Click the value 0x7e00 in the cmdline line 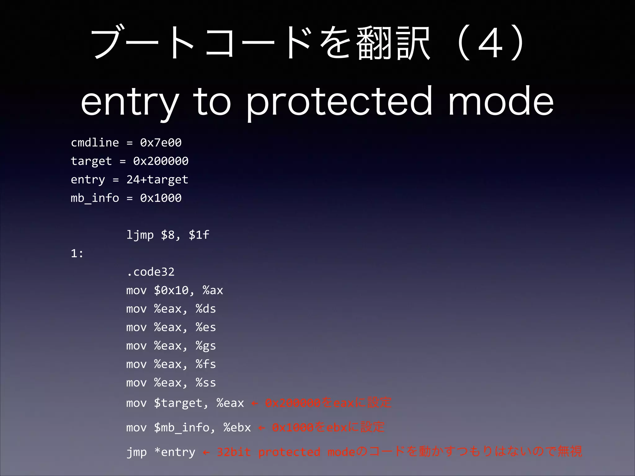(x=161, y=143)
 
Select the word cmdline (x=95, y=143)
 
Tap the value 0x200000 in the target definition (x=161, y=161)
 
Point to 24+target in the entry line (x=157, y=179)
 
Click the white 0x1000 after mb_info (x=161, y=198)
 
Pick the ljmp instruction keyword (x=140, y=235)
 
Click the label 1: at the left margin (x=77, y=253)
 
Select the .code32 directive (x=150, y=272)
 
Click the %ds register (x=206, y=309)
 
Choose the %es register (x=206, y=327)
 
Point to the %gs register (x=206, y=346)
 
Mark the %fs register (x=206, y=364)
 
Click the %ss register (x=206, y=383)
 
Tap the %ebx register (x=237, y=427)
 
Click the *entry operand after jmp (x=175, y=452)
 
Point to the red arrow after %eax (x=255, y=403)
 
